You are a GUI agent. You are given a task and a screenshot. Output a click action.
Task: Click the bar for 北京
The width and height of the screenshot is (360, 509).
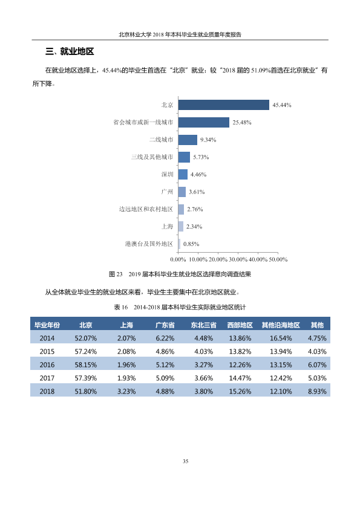(223, 105)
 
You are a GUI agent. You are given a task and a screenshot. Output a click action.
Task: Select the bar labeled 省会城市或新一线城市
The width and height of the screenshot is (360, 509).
(204, 122)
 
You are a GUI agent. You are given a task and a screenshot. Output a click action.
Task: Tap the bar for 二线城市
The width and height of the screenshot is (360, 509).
(188, 140)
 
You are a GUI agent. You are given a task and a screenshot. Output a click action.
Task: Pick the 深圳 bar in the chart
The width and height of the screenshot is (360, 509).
(183, 174)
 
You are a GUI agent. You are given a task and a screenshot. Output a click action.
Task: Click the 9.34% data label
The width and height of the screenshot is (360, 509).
(208, 140)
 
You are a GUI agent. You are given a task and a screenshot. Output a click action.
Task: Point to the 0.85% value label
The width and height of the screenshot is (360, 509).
(191, 244)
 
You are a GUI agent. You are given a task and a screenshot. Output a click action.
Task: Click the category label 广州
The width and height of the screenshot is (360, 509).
(167, 192)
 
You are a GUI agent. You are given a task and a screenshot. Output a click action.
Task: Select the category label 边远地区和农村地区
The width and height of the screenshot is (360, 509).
(146, 209)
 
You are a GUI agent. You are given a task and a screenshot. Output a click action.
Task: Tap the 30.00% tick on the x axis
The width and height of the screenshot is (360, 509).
(238, 260)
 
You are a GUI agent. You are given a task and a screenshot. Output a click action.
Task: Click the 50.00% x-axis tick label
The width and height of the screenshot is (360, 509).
(278, 260)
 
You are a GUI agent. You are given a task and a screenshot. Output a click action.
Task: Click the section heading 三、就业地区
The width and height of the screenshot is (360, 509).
(70, 51)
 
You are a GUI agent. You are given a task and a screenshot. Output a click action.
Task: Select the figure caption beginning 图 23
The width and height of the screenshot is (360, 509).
(180, 274)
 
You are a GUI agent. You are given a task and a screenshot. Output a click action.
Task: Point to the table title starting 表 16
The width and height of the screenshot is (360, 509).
(180, 307)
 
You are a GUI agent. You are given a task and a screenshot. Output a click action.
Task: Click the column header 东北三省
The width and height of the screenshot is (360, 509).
(203, 325)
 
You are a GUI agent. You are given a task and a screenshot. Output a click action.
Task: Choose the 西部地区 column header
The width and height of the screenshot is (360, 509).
(240, 325)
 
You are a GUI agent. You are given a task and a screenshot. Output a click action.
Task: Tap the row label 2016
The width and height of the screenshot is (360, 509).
(47, 365)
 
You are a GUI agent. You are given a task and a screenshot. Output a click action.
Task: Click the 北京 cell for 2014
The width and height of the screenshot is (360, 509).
(86, 339)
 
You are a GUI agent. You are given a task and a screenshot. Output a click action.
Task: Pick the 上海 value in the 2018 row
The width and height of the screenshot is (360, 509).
(126, 392)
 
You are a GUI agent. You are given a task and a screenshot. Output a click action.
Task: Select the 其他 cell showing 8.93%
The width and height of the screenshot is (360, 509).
(317, 392)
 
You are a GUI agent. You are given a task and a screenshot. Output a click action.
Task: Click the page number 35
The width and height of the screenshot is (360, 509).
(186, 461)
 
